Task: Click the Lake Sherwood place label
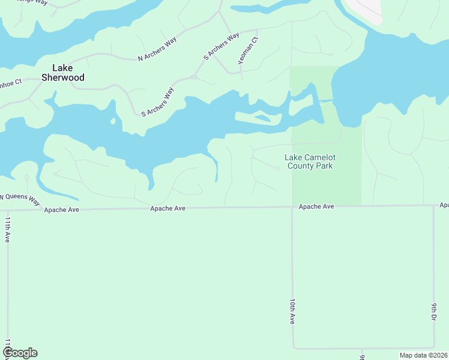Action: point(62,73)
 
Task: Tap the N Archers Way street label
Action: point(158,49)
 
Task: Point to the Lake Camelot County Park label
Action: point(310,161)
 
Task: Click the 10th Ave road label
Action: point(292,312)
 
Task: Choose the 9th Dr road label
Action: point(433,312)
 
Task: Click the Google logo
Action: point(20,353)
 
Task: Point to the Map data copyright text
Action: point(423,355)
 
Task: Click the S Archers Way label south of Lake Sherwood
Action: point(157,102)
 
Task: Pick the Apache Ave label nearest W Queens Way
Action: point(61,209)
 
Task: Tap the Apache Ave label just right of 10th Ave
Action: point(316,206)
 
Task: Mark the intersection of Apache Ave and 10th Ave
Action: point(292,207)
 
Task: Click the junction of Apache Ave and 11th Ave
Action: point(7,210)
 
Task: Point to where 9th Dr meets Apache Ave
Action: point(433,205)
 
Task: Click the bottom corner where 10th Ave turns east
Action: point(293,347)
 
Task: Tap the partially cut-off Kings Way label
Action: point(32,2)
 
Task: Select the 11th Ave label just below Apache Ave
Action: point(7,230)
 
